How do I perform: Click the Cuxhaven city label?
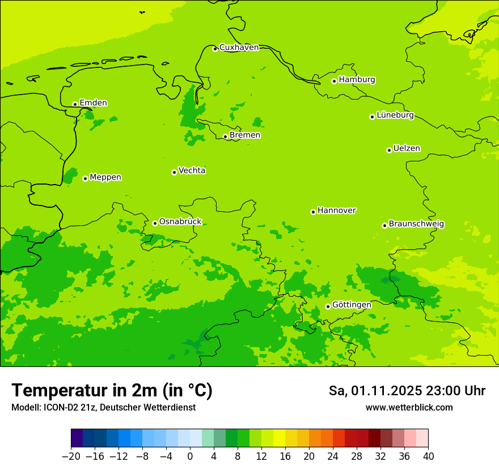[x=239, y=48]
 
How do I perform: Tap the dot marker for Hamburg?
[x=334, y=81]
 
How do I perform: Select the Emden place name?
[x=93, y=102]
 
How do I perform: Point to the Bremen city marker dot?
[x=225, y=136]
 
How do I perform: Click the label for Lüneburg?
[x=395, y=115]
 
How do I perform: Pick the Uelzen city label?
[x=407, y=148]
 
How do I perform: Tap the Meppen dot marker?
[x=85, y=178]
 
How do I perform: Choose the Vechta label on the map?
[x=192, y=170]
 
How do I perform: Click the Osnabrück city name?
[x=180, y=221]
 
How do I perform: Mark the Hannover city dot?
[x=313, y=212]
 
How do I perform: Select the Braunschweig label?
[x=416, y=224]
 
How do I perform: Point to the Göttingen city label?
[x=352, y=305]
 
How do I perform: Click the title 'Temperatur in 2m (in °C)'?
[x=112, y=390]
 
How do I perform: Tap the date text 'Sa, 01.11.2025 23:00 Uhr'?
[x=407, y=391]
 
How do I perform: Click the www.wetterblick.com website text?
[x=409, y=408]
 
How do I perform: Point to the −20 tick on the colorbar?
[x=71, y=456]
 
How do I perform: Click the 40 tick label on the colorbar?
[x=428, y=456]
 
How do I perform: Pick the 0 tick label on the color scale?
[x=190, y=456]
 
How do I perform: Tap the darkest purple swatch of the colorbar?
[x=77, y=438]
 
